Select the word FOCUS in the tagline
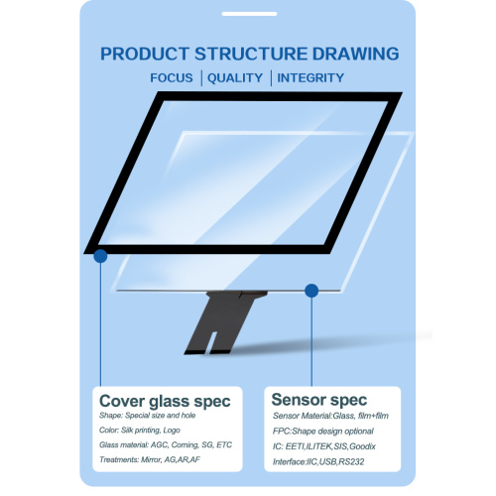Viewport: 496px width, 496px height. (x=173, y=77)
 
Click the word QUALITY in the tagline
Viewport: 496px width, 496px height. (x=235, y=77)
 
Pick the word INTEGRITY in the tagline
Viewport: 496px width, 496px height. (x=310, y=77)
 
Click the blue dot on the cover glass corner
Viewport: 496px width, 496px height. (x=100, y=256)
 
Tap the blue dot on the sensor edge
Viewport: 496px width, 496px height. (x=311, y=291)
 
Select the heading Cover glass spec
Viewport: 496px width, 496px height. (x=165, y=400)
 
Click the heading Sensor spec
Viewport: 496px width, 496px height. (x=317, y=400)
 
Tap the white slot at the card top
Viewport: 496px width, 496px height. (x=247, y=14)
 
